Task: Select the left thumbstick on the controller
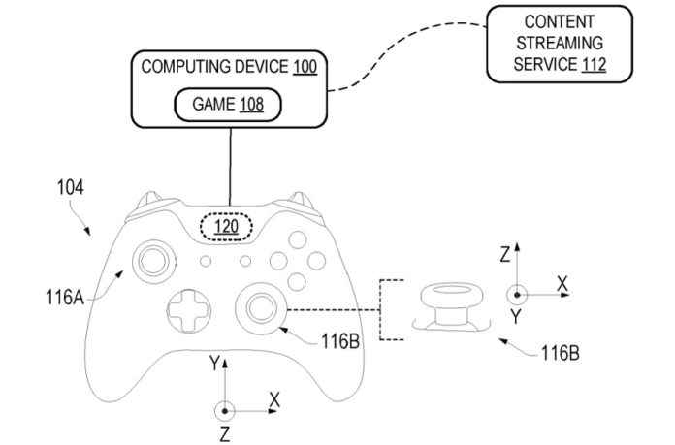click(154, 259)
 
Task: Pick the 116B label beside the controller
click(342, 342)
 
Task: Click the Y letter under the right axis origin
click(516, 316)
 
